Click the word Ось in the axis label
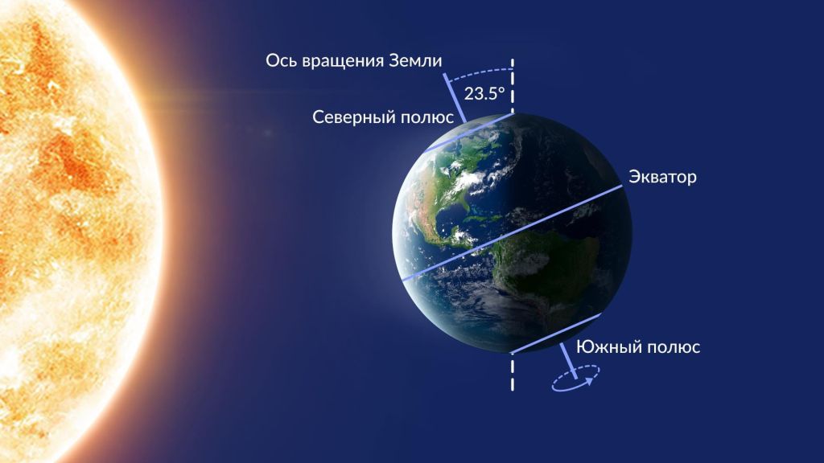point(278,60)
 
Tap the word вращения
point(340,61)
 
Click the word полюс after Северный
point(427,117)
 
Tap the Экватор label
point(663,177)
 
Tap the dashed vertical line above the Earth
point(513,85)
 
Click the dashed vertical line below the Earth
point(513,372)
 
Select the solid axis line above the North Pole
point(455,98)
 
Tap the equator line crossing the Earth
point(512,232)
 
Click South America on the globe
point(546,263)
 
